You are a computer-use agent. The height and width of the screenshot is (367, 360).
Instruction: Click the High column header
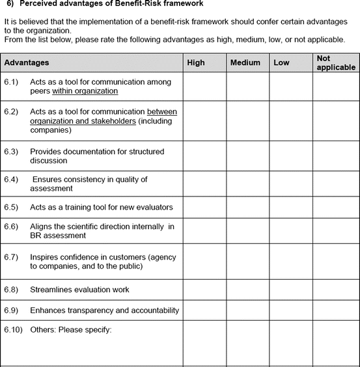(x=196, y=62)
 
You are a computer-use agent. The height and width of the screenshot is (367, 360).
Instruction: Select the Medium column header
(x=245, y=62)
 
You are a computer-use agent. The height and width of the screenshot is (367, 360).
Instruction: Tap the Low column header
(x=281, y=62)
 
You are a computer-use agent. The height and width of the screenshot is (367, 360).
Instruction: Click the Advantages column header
(x=27, y=62)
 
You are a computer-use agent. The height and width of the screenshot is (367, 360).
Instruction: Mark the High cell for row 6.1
(x=204, y=87)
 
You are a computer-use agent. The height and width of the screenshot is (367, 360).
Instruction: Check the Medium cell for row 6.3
(x=247, y=156)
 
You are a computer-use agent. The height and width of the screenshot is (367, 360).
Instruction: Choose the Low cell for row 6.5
(x=291, y=208)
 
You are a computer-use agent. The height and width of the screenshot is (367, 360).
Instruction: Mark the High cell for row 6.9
(x=204, y=310)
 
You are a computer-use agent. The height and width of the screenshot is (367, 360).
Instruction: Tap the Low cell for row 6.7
(x=291, y=262)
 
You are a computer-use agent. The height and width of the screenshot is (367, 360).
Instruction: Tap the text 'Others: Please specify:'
(x=71, y=330)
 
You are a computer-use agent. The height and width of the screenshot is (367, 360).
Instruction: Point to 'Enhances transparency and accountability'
(x=104, y=310)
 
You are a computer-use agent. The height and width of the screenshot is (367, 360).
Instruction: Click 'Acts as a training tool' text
(x=71, y=208)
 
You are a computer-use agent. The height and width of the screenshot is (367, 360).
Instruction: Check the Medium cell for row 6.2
(x=247, y=120)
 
